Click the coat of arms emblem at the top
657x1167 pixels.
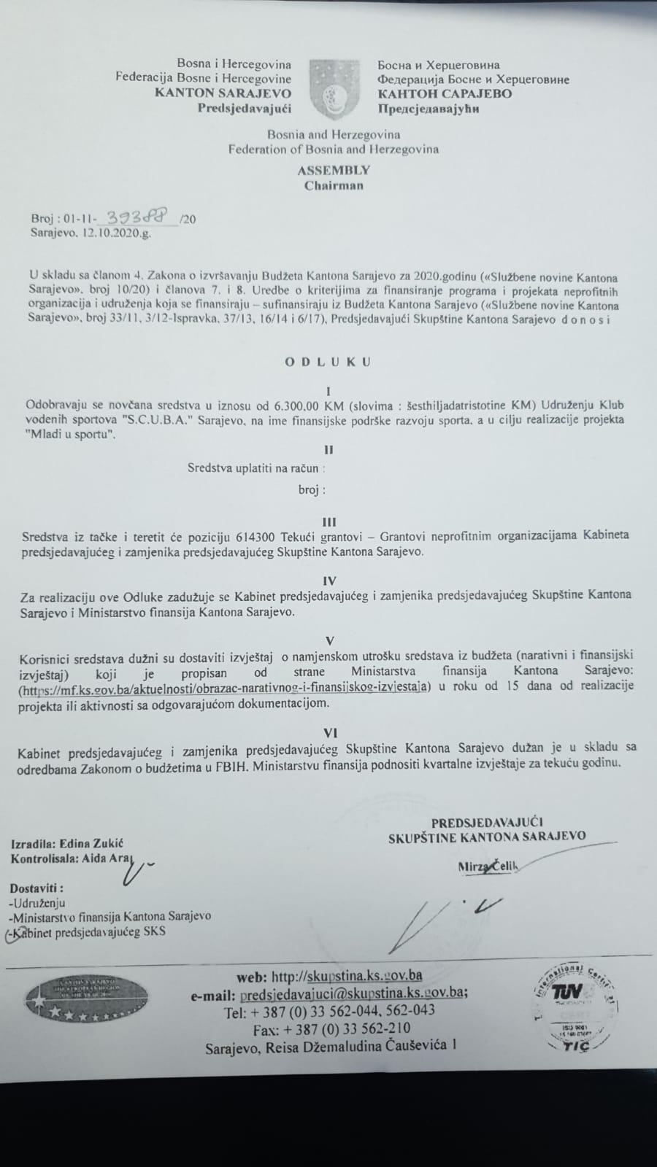tap(334, 90)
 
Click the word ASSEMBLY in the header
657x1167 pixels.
tap(334, 170)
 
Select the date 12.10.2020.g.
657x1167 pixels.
tap(115, 233)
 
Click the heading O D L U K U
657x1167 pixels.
tap(328, 361)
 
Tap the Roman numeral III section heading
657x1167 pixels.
tap(329, 522)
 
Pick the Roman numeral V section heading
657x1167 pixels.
tap(330, 640)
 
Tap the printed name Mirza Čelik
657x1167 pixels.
tap(487, 866)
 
